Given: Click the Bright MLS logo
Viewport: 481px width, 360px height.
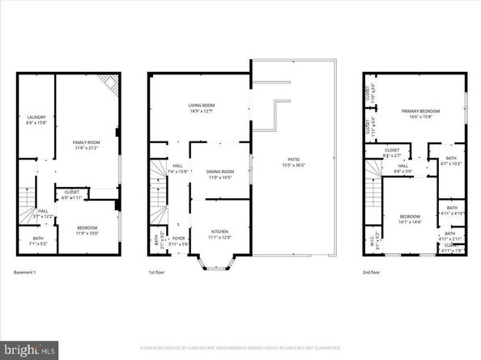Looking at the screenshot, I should [x=29, y=349].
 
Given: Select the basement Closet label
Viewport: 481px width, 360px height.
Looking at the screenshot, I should [x=74, y=194].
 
